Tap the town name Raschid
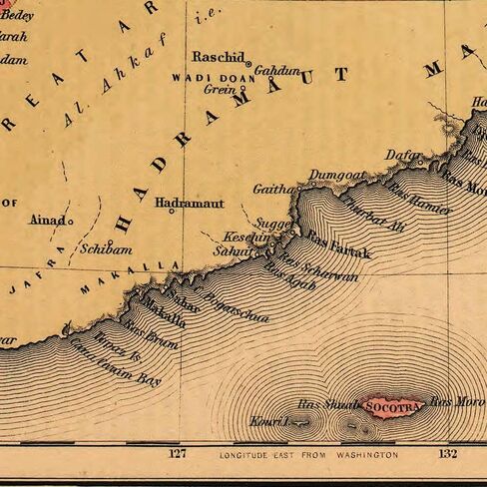[218, 56]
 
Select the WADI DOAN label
[204, 77]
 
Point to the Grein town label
[218, 89]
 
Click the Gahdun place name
[276, 71]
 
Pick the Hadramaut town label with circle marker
[189, 202]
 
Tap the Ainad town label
[48, 219]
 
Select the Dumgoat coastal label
[336, 176]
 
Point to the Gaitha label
[272, 188]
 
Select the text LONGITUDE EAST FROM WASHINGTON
[308, 455]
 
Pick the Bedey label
[17, 15]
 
